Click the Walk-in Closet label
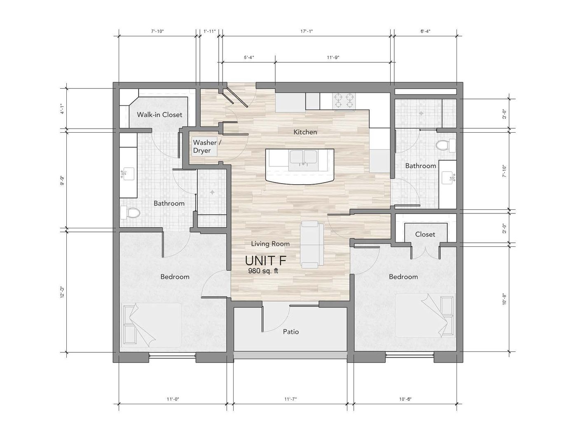[x=159, y=115]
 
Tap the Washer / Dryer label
[x=207, y=146]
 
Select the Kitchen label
[x=305, y=132]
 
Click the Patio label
[x=291, y=332]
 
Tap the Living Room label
[x=270, y=244]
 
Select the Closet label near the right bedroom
[x=425, y=234]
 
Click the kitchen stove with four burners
[x=344, y=101]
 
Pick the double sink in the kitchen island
[x=303, y=158]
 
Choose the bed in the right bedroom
[x=425, y=315]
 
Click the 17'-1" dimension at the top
[x=307, y=31]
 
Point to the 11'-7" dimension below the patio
[x=290, y=399]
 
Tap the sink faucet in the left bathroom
[x=124, y=174]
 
